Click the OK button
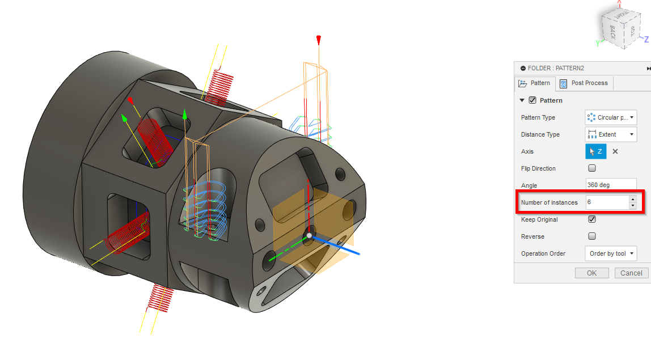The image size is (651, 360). coord(591,273)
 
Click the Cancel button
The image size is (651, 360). coord(631,273)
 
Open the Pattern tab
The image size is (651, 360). coord(535,83)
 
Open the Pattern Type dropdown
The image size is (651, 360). coord(611,117)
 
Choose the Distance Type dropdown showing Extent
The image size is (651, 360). coord(611,134)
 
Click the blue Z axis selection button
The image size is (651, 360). coord(596,151)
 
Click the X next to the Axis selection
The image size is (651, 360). coord(615,151)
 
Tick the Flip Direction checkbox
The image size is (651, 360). coord(592,168)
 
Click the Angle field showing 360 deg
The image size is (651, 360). coord(611,185)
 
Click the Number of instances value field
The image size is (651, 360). coord(606,202)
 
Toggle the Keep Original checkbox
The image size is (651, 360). coord(592,219)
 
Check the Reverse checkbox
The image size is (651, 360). coord(592,236)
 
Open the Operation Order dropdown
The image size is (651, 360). coord(611,253)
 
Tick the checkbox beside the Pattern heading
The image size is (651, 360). coord(532,100)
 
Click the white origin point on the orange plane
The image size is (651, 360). coord(309,234)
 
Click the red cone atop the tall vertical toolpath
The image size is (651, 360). coord(319,40)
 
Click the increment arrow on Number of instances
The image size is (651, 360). coord(633,199)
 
